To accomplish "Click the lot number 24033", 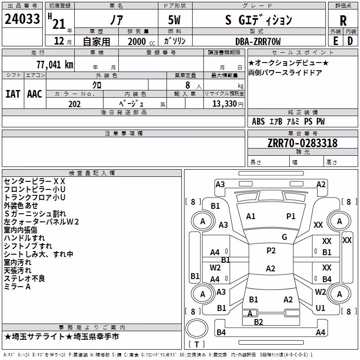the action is pos(22,19).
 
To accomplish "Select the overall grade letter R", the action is pos(343,21).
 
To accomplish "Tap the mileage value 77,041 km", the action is pos(55,65).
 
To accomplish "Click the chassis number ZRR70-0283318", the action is pos(302,143).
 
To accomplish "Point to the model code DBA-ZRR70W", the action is pos(258,41).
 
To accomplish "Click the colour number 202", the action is pos(74,104).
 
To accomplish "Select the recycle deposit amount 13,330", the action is pos(224,103).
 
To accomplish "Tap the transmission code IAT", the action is pos(13,94).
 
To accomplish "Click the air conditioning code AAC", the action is pos(35,94).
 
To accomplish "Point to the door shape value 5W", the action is pos(174,20).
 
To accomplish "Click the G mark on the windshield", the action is pos(284,237).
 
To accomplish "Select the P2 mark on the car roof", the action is pos(271,251).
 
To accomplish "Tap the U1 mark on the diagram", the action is pos(320,308).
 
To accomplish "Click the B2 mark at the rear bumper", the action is pos(258,322).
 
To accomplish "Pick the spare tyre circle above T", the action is pos(197,328).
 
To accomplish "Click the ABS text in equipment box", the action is pos(258,121).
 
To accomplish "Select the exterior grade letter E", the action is pos(335,41).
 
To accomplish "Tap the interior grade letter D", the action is pos(350,41).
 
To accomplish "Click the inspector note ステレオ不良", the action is pos(24,279).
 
